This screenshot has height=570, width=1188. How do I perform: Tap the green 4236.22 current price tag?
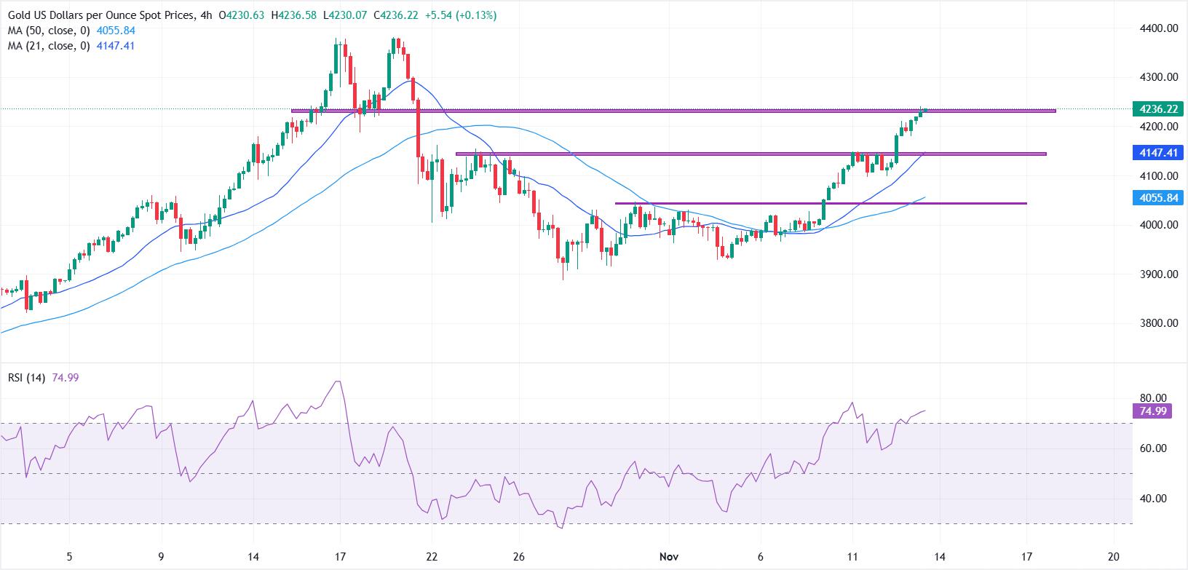[x=1157, y=109]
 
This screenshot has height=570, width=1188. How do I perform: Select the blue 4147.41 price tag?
[x=1157, y=153]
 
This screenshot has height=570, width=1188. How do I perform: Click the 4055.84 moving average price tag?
[x=1157, y=198]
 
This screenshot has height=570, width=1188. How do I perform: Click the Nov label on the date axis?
[x=669, y=557]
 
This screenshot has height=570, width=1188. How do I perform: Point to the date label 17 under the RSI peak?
[x=340, y=557]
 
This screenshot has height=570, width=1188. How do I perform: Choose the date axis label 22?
[x=432, y=557]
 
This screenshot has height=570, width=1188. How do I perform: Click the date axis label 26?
[x=518, y=557]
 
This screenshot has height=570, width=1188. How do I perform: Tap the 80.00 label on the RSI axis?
[x=1153, y=398]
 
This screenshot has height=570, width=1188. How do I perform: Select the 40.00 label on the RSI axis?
[x=1153, y=499]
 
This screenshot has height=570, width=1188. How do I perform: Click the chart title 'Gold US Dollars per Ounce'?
[x=98, y=15]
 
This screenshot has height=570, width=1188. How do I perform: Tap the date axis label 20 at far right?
[x=1113, y=557]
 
